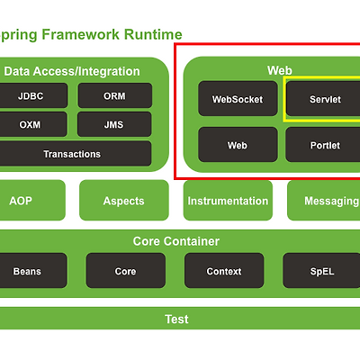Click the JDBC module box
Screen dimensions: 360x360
click(33, 95)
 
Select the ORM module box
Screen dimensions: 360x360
click(115, 95)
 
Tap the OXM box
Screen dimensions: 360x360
click(33, 124)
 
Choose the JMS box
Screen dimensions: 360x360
click(114, 124)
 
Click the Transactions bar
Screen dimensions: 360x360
click(76, 154)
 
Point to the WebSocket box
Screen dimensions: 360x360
click(238, 98)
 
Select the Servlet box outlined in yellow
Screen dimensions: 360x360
click(323, 98)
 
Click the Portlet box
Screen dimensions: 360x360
click(323, 145)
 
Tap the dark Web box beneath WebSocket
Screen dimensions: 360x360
click(238, 145)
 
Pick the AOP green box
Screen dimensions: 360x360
click(32, 200)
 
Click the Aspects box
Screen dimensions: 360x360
click(124, 200)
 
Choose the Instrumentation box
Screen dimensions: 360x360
click(228, 200)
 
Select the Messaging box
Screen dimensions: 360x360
click(324, 200)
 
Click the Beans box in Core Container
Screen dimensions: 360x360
click(33, 271)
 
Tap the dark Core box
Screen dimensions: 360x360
click(126, 271)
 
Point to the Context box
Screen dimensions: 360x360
click(224, 271)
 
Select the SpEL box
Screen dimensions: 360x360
click(321, 271)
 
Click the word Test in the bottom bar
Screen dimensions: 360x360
click(176, 319)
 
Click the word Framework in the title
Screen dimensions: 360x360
click(80, 34)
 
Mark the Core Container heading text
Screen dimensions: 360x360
click(176, 241)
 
